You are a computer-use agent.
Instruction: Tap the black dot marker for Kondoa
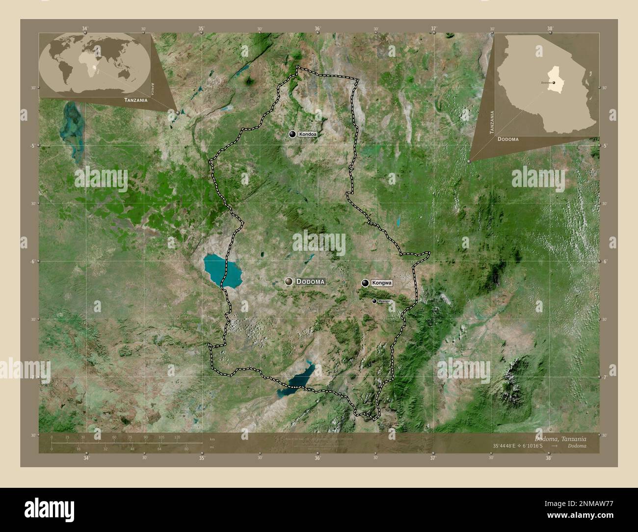[x=292, y=134]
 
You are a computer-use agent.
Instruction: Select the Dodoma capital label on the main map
[x=311, y=282]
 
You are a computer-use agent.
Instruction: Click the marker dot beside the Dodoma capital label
[x=289, y=281]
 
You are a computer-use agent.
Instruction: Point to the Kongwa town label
[x=382, y=283]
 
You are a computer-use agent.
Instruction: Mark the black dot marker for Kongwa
[x=365, y=283]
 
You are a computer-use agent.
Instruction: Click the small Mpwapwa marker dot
[x=374, y=301]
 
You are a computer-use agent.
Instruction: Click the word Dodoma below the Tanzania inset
[x=508, y=139]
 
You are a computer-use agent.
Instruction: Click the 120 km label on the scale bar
[x=177, y=437]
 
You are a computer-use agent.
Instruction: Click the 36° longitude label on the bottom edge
[x=318, y=458]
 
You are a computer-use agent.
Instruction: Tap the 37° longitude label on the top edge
[x=434, y=29]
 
